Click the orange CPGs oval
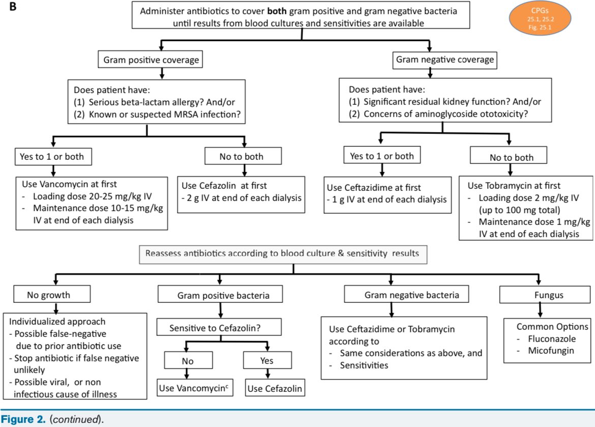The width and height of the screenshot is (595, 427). click(540, 18)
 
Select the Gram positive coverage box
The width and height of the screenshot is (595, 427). click(150, 60)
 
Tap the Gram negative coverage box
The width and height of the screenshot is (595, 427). click(445, 60)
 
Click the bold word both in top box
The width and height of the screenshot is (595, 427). click(277, 11)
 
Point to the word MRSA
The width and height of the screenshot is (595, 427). click(185, 115)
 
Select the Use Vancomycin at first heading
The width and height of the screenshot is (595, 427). click(70, 184)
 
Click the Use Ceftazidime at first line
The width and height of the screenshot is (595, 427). click(374, 187)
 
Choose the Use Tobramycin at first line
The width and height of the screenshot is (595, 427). click(514, 185)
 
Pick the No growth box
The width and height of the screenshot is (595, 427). click(52, 294)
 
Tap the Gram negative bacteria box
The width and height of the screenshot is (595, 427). click(406, 294)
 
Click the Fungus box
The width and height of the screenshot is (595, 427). click(545, 294)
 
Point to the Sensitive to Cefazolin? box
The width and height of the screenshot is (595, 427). click(219, 327)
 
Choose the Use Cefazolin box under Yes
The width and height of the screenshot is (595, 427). click(275, 388)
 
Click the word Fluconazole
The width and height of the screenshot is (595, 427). click(552, 338)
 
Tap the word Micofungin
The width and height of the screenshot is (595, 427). click(551, 350)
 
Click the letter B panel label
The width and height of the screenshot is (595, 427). click(13, 7)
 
